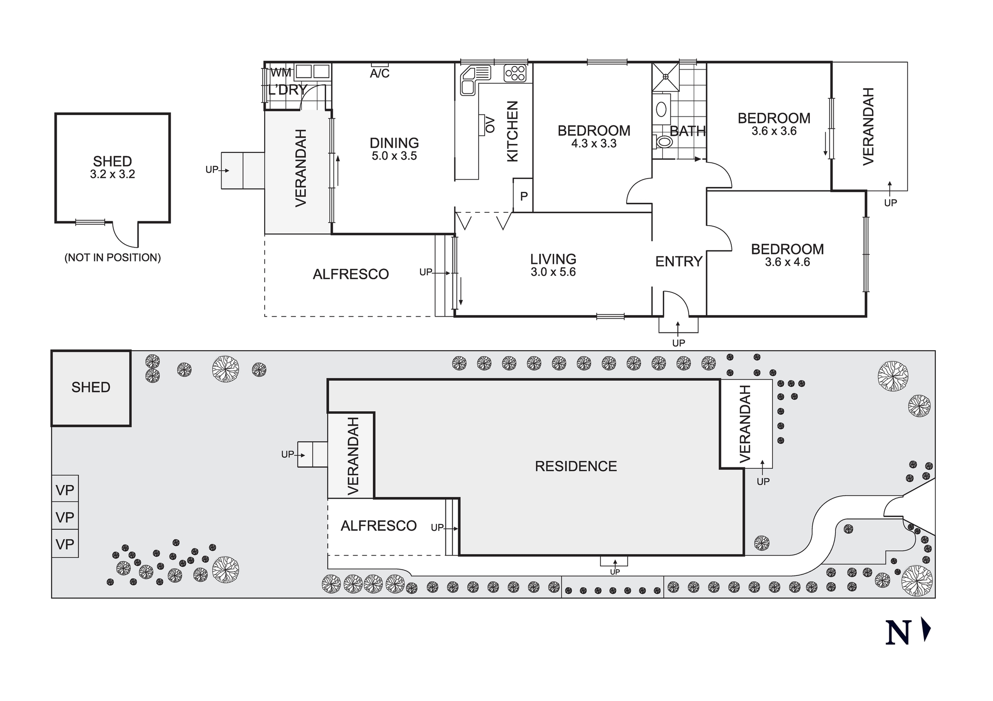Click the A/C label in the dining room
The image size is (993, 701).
(x=380, y=74)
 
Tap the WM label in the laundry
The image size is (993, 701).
(x=281, y=72)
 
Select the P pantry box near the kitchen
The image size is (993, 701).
(x=523, y=196)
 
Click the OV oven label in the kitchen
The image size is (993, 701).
(x=490, y=125)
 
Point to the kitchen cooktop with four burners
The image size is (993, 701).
(x=515, y=73)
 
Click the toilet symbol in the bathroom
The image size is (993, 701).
(x=663, y=142)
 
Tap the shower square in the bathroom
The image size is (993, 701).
(x=665, y=76)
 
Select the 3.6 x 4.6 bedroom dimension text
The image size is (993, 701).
(x=787, y=262)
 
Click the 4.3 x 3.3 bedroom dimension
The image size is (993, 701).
(x=594, y=144)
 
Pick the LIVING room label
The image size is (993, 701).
(x=553, y=259)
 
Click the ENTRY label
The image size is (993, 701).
(x=678, y=261)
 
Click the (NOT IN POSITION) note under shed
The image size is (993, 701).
(x=113, y=257)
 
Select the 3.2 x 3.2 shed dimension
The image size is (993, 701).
(x=113, y=175)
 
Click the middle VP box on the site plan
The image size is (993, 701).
(x=65, y=517)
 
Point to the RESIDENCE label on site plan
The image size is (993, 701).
(x=576, y=466)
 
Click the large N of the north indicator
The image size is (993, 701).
(x=898, y=633)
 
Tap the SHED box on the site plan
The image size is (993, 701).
(x=91, y=387)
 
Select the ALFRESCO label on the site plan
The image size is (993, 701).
(x=378, y=526)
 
